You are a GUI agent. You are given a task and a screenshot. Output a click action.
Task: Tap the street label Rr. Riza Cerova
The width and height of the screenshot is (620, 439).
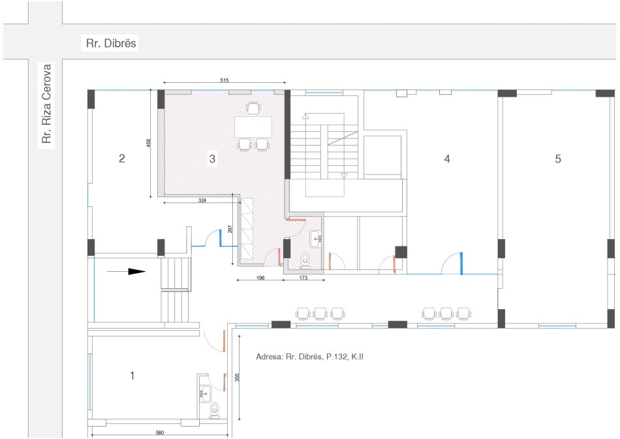[46, 106]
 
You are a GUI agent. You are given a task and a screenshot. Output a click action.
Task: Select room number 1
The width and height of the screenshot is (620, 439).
[132, 376]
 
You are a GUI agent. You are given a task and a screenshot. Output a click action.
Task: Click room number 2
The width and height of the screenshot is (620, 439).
[121, 158]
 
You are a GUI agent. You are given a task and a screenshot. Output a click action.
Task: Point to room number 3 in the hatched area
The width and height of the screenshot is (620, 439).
[212, 158]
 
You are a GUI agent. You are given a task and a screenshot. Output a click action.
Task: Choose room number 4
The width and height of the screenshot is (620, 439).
[447, 158]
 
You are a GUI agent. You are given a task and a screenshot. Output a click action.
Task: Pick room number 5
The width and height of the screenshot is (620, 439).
[558, 158]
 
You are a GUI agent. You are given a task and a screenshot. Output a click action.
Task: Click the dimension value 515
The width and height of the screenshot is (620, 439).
[224, 80]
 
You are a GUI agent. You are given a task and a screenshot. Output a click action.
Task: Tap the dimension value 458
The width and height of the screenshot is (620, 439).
[149, 142]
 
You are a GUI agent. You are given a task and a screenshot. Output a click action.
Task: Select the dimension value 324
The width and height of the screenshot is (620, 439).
[202, 201]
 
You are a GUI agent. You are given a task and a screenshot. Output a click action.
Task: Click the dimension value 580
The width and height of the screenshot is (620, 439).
[155, 432]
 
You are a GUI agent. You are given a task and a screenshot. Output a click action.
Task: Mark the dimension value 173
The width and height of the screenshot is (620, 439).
[303, 278]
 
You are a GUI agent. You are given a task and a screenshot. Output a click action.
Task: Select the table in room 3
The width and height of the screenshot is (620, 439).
[253, 125]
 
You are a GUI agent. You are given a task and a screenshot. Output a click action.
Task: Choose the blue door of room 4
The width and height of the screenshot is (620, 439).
[461, 263]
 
